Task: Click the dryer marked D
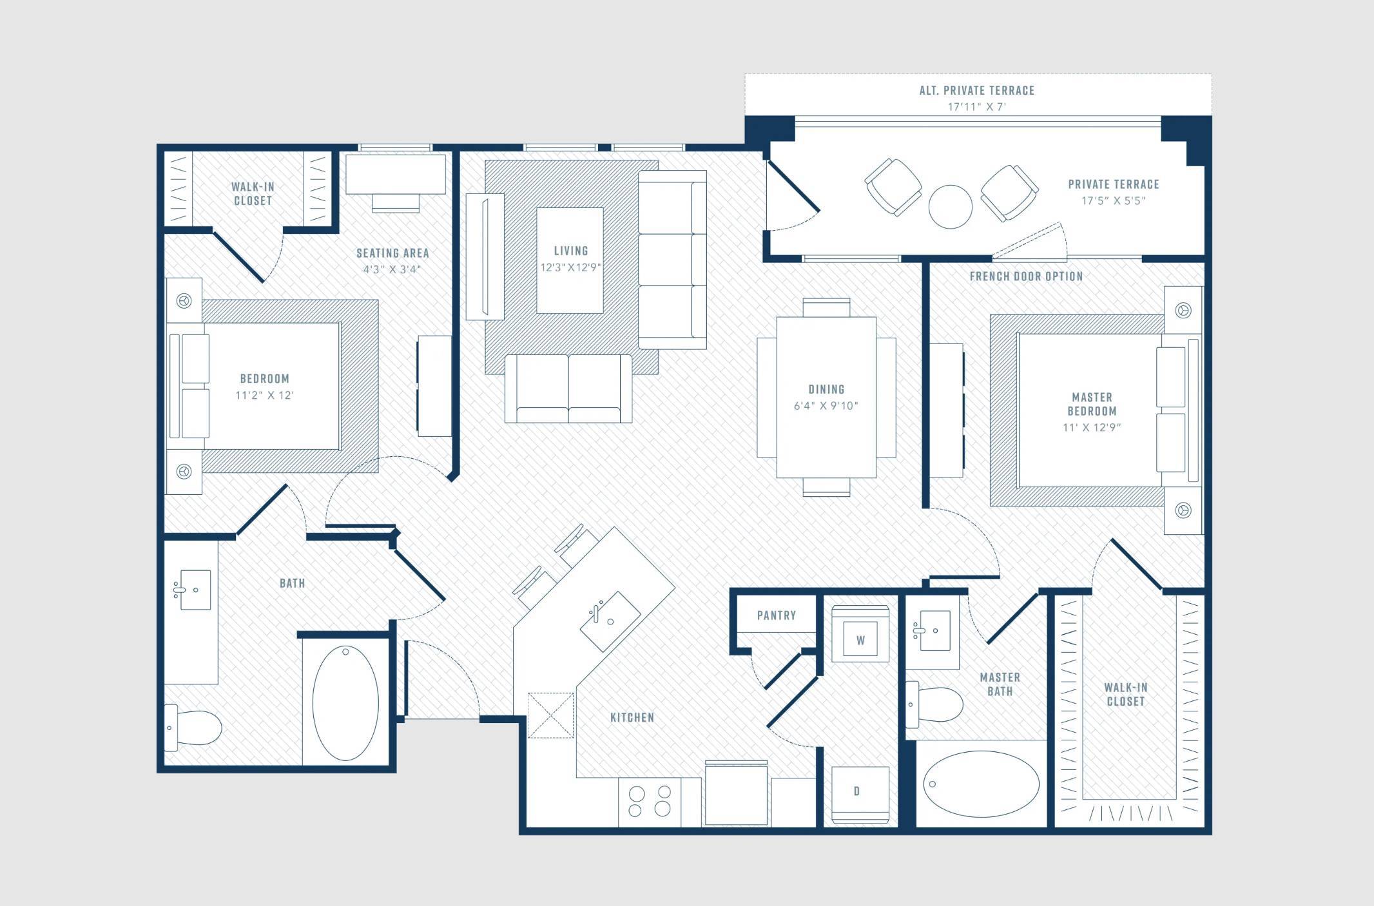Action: [x=860, y=795]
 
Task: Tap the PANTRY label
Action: [x=776, y=615]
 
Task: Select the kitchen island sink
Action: [x=610, y=621]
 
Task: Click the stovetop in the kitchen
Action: [x=650, y=802]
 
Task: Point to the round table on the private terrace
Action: [x=951, y=206]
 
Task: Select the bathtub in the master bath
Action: [x=981, y=784]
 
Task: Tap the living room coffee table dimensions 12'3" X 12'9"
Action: [x=570, y=267]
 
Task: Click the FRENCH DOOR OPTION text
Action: [x=1026, y=276]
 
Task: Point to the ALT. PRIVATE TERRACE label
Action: [x=977, y=91]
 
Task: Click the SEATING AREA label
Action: [x=392, y=253]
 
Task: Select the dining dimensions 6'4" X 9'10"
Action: [x=826, y=406]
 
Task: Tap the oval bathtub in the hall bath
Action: [x=345, y=703]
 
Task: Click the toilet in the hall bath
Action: [x=193, y=728]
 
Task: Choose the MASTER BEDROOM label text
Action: [x=1092, y=404]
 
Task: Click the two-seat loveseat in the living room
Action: [x=568, y=389]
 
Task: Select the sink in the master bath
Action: [x=932, y=630]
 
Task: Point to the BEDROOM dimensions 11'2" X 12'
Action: [x=264, y=396]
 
